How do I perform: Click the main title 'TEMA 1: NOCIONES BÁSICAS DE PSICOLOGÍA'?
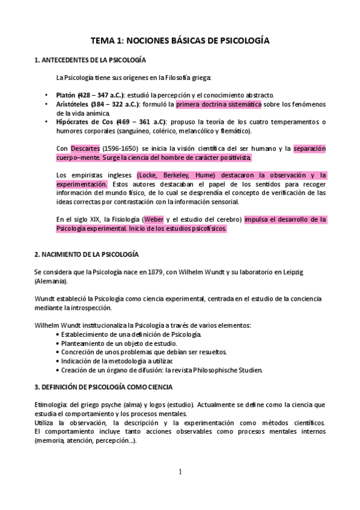(x=180, y=41)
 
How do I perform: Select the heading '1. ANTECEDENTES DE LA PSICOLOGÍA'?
(x=90, y=61)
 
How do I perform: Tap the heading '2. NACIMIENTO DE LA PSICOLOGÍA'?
(x=87, y=255)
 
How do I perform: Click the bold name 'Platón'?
(x=66, y=95)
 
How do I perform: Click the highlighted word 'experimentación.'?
(x=82, y=184)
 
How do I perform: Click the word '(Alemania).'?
(x=51, y=281)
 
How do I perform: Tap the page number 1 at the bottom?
(x=180, y=472)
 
